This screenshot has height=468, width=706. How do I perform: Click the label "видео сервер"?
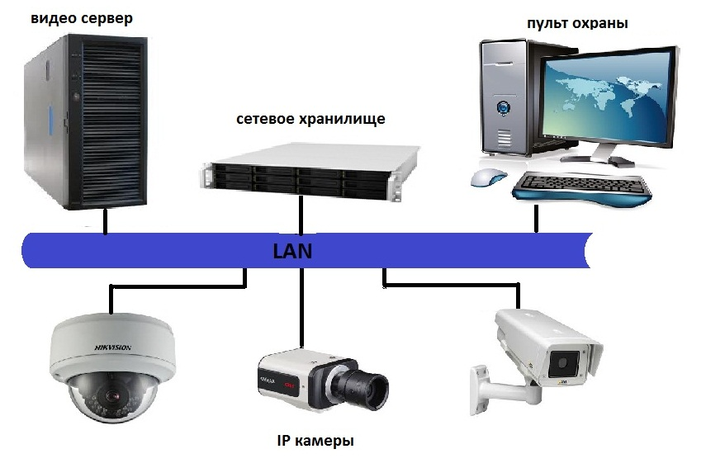[x=81, y=17]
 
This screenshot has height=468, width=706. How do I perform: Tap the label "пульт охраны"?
[x=577, y=23]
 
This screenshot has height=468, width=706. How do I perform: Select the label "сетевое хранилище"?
[x=310, y=119]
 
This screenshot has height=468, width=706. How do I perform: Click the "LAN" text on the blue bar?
[x=292, y=250]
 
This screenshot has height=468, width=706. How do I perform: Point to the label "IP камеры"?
[x=315, y=440]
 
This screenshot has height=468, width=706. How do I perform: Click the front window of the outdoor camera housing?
[x=566, y=361]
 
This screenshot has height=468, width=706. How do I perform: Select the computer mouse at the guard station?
[x=488, y=177]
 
